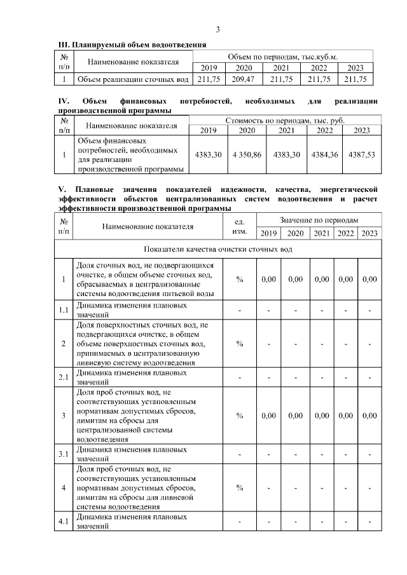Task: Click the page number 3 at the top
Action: [217, 30]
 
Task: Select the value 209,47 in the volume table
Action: [244, 79]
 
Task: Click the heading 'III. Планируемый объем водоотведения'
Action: [132, 46]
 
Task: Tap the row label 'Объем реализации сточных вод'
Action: [132, 79]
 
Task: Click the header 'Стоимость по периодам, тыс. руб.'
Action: [285, 120]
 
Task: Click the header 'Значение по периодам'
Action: [319, 219]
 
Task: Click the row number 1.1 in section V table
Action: [64, 309]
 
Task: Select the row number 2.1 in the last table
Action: [64, 377]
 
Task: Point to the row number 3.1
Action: [64, 454]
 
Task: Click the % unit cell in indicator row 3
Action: [240, 416]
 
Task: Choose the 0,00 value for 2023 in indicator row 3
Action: [369, 416]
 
